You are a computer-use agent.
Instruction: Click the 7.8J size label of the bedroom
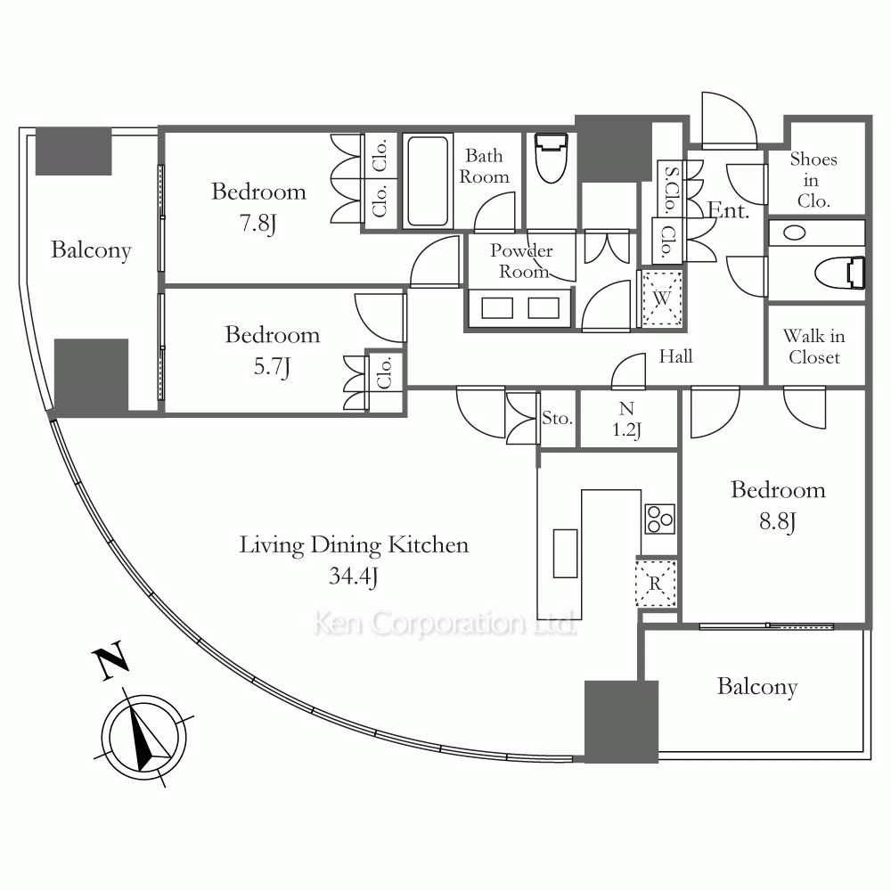(258, 224)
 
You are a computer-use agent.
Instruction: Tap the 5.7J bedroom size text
(272, 367)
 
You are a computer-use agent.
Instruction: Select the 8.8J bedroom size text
(778, 521)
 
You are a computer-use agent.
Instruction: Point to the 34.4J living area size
(354, 576)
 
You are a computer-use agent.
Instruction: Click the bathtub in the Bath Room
(428, 181)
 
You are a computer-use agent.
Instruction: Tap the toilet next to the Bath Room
(552, 158)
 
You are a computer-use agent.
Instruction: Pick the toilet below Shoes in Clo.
(840, 273)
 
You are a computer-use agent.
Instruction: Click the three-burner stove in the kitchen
(660, 519)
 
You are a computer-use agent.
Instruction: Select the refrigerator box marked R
(656, 584)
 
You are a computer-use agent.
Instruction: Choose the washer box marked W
(661, 298)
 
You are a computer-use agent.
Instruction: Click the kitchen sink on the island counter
(566, 553)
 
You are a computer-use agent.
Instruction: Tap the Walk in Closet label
(814, 347)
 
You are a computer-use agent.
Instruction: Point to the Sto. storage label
(557, 418)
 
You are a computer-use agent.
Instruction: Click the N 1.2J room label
(626, 420)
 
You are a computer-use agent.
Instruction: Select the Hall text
(675, 356)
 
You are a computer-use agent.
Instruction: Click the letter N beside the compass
(110, 659)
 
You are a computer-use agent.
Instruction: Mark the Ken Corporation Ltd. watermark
(445, 624)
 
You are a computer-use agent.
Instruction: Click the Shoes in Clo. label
(813, 180)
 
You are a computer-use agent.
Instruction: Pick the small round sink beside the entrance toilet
(795, 233)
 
